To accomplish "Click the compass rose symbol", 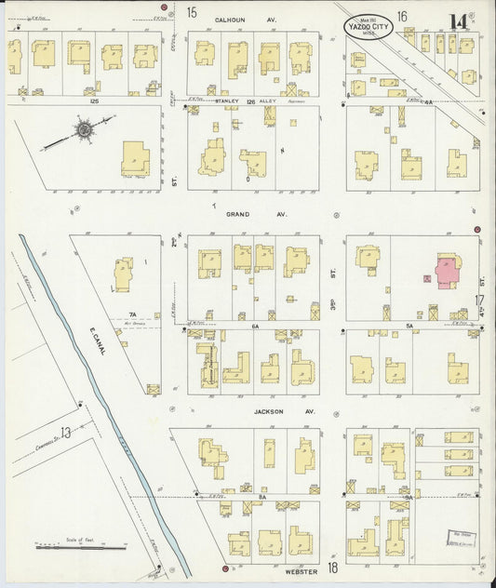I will pos(83,130).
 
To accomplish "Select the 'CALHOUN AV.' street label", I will pos(234,18).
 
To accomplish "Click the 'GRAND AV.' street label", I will pos(245,213).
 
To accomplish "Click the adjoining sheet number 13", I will pos(65,433).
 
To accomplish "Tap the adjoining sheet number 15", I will pos(192,13).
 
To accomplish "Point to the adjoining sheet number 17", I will pos(479,301).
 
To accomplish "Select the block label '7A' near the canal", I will pos(133,314).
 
